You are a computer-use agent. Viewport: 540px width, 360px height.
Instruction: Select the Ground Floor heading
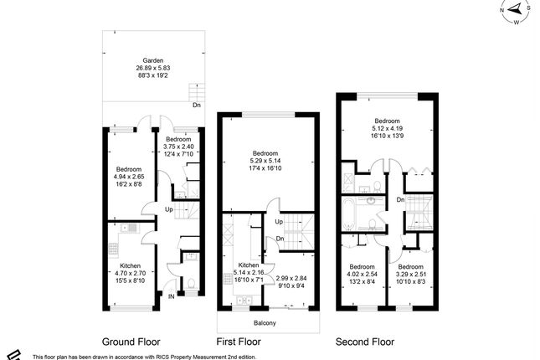(x=131, y=342)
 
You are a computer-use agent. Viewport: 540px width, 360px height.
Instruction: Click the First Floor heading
(x=239, y=342)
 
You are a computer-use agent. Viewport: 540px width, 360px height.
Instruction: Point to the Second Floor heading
(x=364, y=342)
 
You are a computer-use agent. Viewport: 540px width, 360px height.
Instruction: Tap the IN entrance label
(x=172, y=296)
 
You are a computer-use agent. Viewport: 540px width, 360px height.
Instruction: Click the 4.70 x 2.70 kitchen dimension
(x=129, y=273)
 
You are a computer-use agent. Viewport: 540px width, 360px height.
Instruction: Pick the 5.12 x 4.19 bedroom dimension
(x=386, y=128)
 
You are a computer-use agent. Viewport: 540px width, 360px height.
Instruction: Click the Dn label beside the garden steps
(x=196, y=105)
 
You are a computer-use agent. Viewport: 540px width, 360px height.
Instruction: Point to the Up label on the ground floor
(x=168, y=209)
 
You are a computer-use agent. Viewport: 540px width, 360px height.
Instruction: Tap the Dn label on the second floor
(x=400, y=200)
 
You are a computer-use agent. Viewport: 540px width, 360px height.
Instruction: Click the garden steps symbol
(x=197, y=90)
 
